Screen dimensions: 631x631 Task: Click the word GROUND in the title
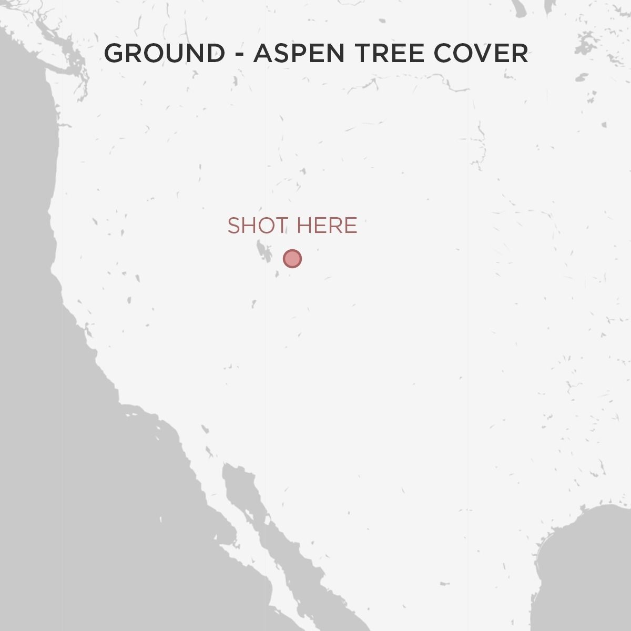coord(165,53)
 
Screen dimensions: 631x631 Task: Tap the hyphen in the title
coord(239,54)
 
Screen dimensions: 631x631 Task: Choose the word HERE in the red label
coord(327,226)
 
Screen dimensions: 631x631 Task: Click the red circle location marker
coord(292,259)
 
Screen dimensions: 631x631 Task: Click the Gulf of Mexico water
coord(584,568)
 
